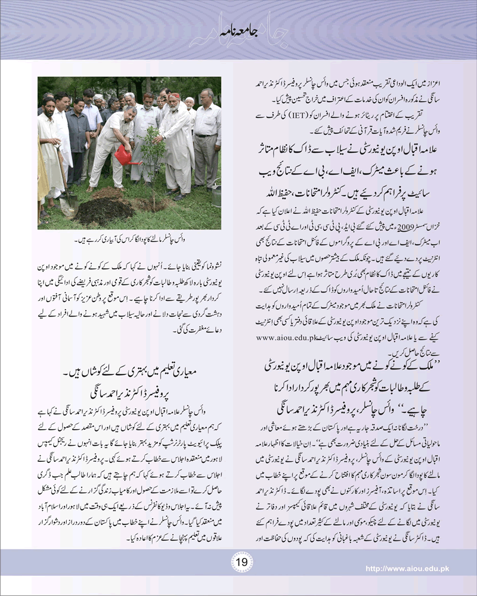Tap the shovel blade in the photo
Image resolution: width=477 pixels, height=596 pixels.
click(x=67, y=205)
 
